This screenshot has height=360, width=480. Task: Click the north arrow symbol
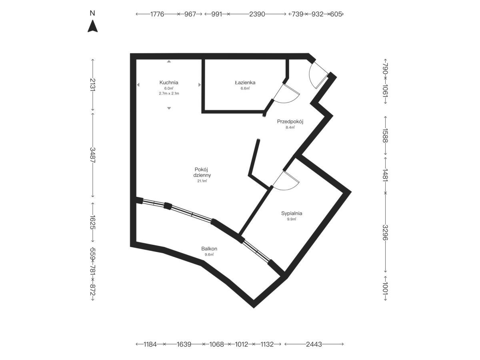coord(92,26)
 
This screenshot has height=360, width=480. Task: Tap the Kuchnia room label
coord(169,83)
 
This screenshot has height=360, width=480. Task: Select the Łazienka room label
coord(245,82)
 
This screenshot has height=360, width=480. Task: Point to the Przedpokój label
coord(290,122)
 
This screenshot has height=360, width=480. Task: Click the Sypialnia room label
coord(292,213)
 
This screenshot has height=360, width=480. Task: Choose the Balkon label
coord(209,248)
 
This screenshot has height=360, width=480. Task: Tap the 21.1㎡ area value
coord(202,181)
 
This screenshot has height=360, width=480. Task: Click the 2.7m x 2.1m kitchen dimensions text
coord(169,94)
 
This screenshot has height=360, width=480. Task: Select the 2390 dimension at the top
coord(257,14)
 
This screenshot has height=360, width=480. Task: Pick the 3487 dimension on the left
coord(93,155)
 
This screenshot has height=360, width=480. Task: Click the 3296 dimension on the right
coord(385,232)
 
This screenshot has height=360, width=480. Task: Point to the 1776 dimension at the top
coord(157,14)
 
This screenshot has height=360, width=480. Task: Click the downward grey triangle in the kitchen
coord(169,108)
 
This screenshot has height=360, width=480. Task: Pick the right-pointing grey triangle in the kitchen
coord(200,84)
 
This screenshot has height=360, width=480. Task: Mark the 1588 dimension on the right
coord(385,136)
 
